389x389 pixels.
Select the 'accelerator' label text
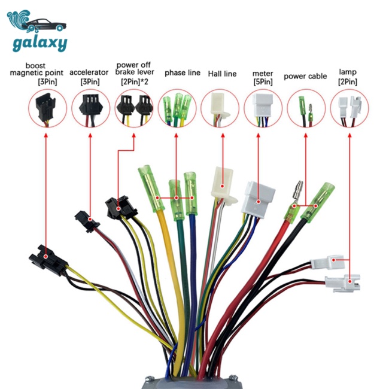89,73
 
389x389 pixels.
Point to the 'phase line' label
183,73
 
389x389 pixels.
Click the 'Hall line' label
222,74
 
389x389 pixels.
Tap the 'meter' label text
263,74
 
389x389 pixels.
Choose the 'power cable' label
305,77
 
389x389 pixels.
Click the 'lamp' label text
348,73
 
